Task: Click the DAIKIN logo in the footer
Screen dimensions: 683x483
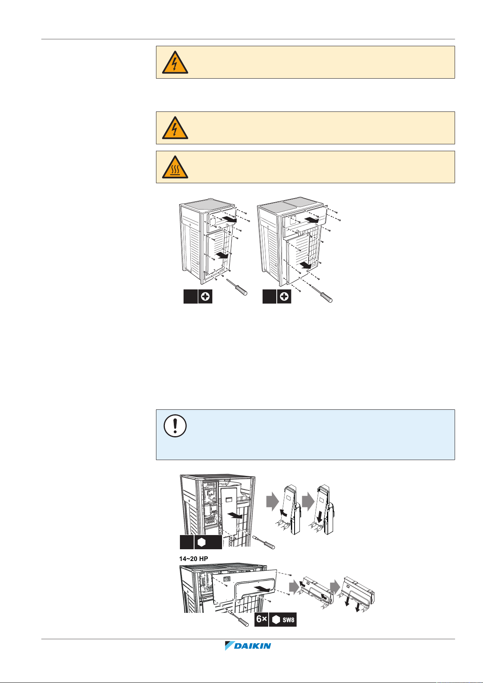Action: [248, 646]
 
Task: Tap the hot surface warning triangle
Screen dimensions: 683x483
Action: [175, 167]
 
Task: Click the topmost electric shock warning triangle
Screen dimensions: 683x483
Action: [175, 62]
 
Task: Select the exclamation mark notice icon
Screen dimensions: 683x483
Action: [175, 426]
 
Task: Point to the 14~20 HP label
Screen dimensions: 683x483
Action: [194, 559]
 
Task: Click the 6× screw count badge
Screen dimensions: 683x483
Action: [261, 620]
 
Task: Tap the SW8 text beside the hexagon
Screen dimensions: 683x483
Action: [289, 620]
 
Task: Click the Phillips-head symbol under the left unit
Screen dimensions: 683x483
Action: [205, 297]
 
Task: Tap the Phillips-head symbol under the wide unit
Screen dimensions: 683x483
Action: [284, 297]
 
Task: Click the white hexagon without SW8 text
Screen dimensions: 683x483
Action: [201, 542]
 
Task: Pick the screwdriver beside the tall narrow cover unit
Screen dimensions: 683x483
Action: [264, 542]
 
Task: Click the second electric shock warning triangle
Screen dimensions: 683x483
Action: [175, 128]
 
